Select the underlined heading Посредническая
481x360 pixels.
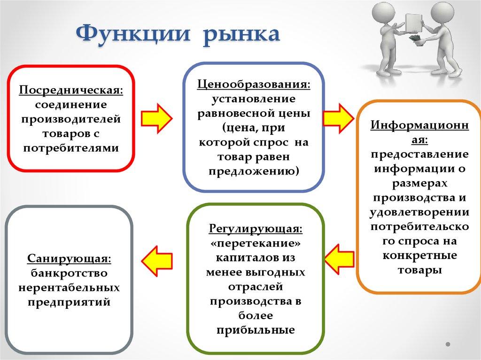coord(71,89)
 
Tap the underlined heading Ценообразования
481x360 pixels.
coord(254,85)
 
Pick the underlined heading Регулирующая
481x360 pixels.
coord(256,230)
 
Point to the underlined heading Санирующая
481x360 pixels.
coord(69,259)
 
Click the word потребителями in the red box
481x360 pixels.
coord(71,148)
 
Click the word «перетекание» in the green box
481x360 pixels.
coord(256,244)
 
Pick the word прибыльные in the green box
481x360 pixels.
coord(256,330)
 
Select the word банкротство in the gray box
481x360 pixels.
coord(69,273)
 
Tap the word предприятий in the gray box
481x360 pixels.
coord(69,302)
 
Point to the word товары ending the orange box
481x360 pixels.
coord(419,270)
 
